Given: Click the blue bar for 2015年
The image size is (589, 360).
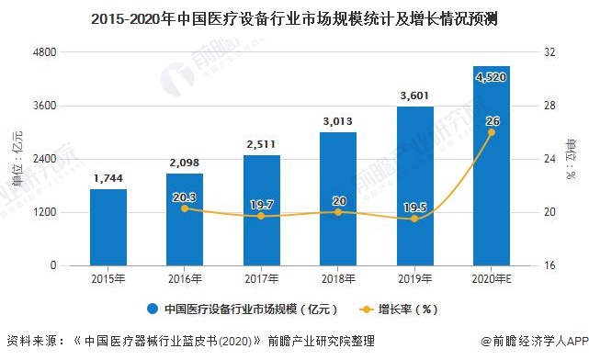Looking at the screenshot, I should [x=108, y=227].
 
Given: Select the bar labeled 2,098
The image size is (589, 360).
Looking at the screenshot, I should [x=185, y=219].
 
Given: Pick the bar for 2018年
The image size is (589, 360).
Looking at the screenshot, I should [x=338, y=198].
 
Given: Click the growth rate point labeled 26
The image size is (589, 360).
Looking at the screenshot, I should [x=491, y=132].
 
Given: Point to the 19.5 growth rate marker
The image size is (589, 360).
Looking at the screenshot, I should [x=414, y=219].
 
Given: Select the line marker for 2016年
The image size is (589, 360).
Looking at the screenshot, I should [x=185, y=208].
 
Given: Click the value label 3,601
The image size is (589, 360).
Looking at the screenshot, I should [x=414, y=95].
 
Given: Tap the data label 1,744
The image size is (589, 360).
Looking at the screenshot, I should [x=108, y=177].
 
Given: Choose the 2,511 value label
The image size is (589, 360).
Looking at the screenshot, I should [x=261, y=143].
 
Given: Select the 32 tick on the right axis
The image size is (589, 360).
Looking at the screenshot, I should [x=549, y=53].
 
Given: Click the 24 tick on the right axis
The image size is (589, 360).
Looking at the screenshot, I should [x=549, y=160].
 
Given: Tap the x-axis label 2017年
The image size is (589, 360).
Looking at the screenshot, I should [x=261, y=278].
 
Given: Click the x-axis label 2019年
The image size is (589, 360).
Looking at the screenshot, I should [x=414, y=278].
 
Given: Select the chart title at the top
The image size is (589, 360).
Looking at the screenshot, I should [x=294, y=17].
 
